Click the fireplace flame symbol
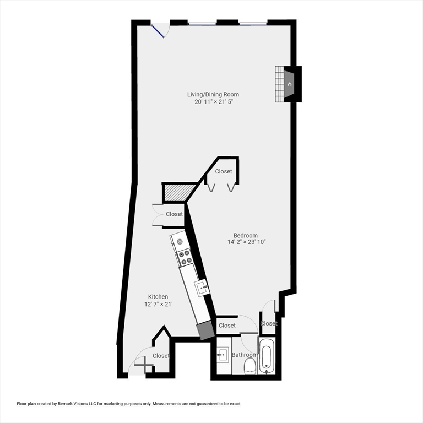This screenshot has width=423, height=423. [x=290, y=84]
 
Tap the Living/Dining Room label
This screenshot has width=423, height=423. [x=213, y=94]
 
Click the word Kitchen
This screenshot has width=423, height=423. [x=158, y=296]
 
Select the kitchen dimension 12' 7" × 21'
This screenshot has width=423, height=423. [x=159, y=304]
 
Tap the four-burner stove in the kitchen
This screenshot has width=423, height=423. [x=185, y=257]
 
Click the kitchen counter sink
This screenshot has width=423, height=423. [x=202, y=286]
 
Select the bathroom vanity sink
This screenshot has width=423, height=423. [x=223, y=354]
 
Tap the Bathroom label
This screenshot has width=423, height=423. [x=244, y=355]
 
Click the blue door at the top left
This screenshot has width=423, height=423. [x=159, y=30]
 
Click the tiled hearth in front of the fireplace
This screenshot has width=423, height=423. [x=279, y=84]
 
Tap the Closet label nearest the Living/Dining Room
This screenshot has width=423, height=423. [x=224, y=171]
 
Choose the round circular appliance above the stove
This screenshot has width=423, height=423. [x=180, y=242]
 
